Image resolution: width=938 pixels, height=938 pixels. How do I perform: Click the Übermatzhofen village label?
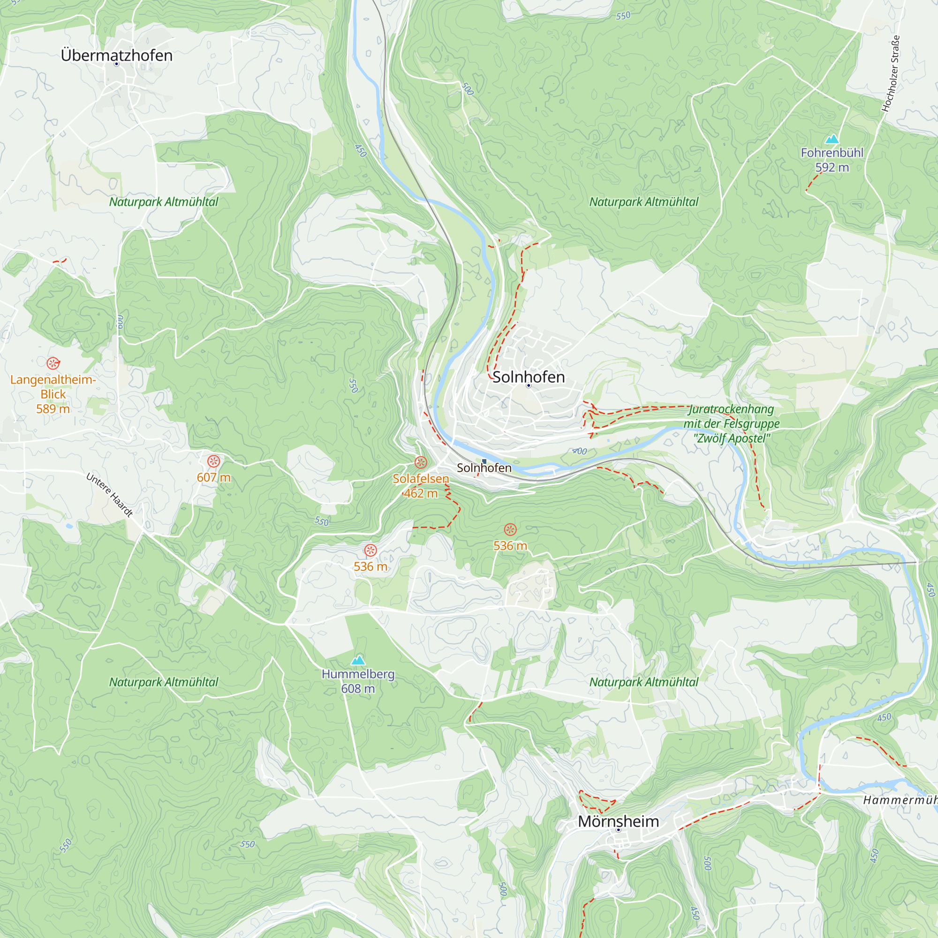[x=116, y=55]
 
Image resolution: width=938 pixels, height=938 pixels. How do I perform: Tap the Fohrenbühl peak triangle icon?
[x=832, y=139]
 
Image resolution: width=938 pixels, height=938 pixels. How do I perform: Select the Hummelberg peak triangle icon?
[x=358, y=660]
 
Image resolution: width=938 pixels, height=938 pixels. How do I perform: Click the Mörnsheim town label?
[x=618, y=822]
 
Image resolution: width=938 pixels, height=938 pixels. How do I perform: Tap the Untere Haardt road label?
[x=109, y=495]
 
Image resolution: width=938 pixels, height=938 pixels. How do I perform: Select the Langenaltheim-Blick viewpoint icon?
[x=53, y=363]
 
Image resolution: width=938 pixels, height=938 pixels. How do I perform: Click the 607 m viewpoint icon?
[x=213, y=461]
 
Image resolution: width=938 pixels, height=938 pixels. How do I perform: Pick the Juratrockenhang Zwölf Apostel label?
[x=731, y=424]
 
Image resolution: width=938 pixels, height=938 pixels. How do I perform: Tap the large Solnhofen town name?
[x=528, y=377]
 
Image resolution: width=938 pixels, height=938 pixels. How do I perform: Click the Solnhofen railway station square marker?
[x=484, y=461]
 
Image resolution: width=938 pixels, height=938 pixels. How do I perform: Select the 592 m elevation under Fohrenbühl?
[x=832, y=167]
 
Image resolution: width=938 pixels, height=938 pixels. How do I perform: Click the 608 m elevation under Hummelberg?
[x=358, y=688]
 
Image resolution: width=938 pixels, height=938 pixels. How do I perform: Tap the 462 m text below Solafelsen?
[x=421, y=493]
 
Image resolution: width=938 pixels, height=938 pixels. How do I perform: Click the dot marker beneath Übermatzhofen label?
[x=116, y=64]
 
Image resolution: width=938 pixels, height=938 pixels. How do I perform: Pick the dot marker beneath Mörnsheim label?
[x=618, y=830]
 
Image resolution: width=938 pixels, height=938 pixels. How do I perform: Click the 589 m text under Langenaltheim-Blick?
[x=53, y=409]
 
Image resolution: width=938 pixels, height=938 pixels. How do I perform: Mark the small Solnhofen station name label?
[x=484, y=468]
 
